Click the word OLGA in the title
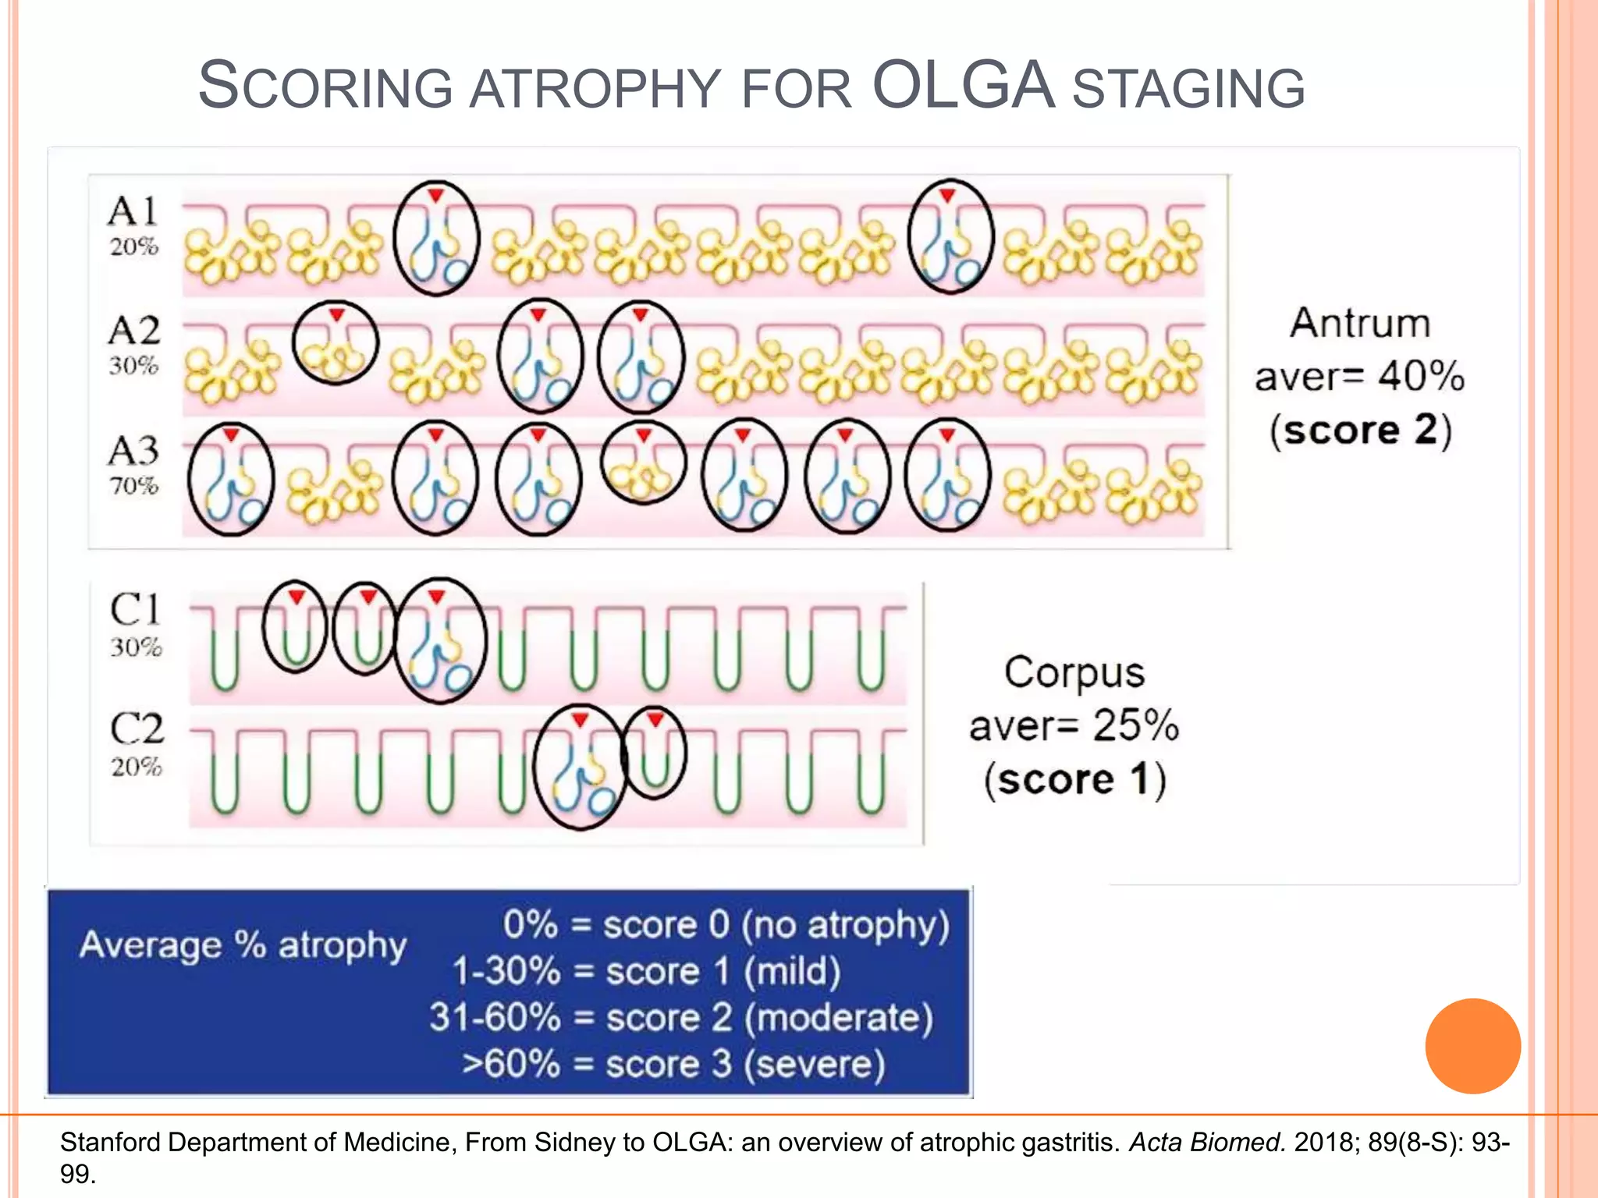coord(963,86)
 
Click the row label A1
coord(133,211)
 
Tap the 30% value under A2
coord(133,365)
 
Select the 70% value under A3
coord(133,485)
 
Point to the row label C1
coord(136,609)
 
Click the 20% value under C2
coord(136,767)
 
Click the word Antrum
coord(1359,323)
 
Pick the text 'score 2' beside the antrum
coord(1359,430)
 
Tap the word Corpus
coord(1074,672)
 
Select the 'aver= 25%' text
coord(1074,725)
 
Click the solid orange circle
coord(1472,1046)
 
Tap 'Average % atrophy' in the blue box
coord(243,945)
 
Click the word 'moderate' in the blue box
coord(840,1018)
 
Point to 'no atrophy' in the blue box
coord(846,925)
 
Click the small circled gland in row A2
coord(336,343)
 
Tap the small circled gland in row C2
coord(655,753)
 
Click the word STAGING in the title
coord(1188,88)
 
